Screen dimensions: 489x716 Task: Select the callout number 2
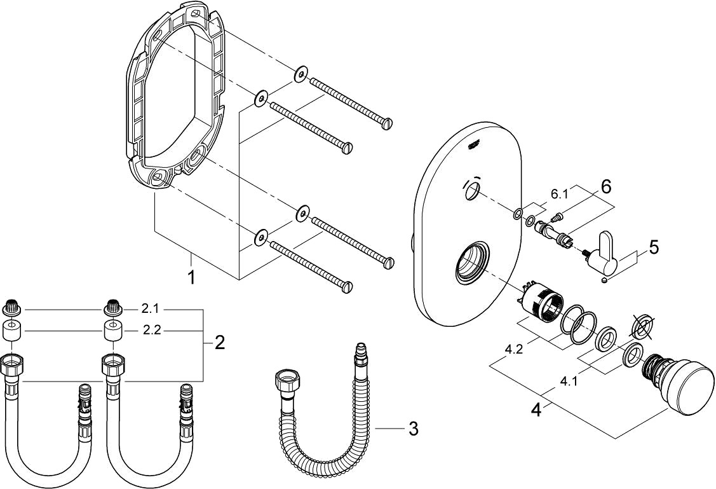(x=219, y=343)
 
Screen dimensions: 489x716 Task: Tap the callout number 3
(x=413, y=429)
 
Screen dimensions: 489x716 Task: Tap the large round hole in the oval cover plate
(x=472, y=263)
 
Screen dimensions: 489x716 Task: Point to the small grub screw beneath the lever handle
(x=604, y=280)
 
